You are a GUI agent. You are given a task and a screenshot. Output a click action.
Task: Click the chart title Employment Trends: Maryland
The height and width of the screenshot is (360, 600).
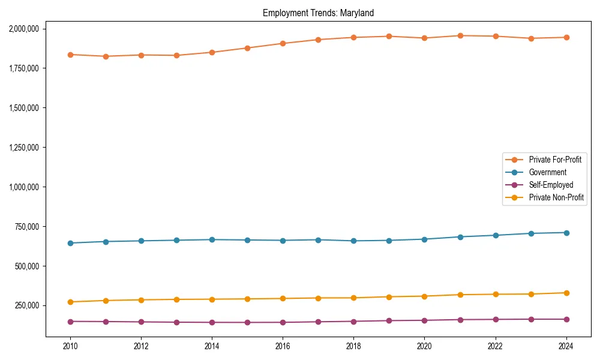[x=318, y=13]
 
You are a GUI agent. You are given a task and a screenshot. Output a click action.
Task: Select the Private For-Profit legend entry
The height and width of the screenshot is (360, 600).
[x=555, y=160]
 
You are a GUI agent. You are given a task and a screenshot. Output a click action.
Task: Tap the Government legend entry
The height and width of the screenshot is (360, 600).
[x=547, y=172]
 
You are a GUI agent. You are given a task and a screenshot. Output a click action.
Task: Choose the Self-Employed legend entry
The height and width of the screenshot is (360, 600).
[x=551, y=185]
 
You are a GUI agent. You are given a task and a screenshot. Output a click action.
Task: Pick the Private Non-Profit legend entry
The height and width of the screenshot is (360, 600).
[x=556, y=197]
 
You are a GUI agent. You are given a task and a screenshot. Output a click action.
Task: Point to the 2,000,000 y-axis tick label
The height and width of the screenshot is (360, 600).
[x=23, y=29]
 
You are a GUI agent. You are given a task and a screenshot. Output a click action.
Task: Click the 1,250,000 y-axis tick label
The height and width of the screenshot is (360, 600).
[x=23, y=148]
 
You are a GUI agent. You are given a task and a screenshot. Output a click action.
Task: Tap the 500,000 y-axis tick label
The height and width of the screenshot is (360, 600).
[x=27, y=266]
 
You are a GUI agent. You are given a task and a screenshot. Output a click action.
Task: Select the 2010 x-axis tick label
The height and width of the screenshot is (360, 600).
[x=70, y=346]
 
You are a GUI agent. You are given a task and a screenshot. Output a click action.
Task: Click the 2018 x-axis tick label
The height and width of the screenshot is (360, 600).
[x=353, y=346]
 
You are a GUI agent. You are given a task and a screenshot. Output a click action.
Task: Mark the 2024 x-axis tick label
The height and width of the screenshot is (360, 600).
[x=566, y=346]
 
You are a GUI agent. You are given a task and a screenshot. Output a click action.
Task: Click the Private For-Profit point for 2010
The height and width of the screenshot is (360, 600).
[x=70, y=55]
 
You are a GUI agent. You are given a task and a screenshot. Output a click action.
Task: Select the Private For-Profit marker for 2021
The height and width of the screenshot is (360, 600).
[x=460, y=35]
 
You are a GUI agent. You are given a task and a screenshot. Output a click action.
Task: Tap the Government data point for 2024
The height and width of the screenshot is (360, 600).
[x=566, y=232]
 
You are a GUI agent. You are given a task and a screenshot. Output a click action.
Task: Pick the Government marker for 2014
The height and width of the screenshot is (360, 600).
[x=212, y=239]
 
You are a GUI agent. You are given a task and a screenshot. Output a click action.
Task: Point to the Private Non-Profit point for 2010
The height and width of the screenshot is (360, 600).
[x=70, y=302]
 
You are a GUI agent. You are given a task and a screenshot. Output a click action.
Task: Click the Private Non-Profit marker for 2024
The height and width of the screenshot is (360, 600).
[x=566, y=293]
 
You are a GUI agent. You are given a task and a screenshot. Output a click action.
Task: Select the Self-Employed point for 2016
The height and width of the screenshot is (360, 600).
[x=283, y=322]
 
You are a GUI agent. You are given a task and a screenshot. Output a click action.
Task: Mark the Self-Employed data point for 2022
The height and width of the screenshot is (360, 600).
[x=495, y=319]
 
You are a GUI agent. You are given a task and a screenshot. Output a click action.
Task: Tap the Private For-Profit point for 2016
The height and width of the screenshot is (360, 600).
[x=283, y=43]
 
